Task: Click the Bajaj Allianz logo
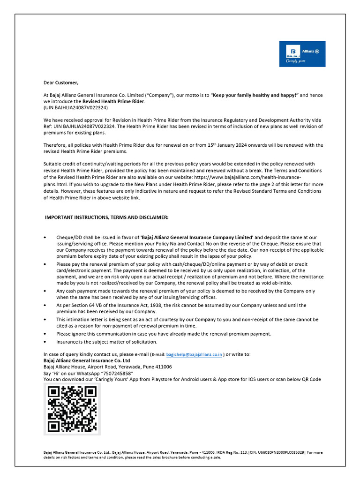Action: tap(302, 54)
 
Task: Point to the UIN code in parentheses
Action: tap(75, 107)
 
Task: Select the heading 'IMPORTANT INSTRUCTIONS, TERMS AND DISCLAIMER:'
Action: tap(106, 217)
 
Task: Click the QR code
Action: tap(72, 409)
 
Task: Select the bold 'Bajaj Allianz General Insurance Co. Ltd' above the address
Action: tap(87, 360)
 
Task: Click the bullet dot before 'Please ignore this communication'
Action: tap(45, 334)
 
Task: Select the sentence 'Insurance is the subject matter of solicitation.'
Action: tap(107, 342)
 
